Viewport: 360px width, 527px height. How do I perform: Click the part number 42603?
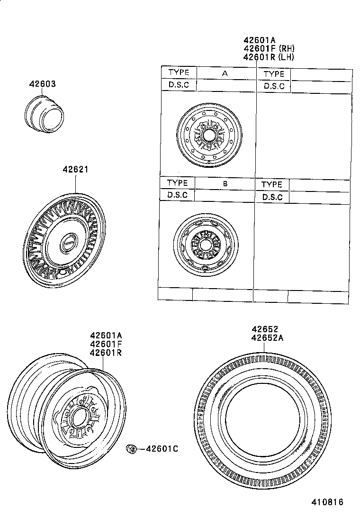pos(42,84)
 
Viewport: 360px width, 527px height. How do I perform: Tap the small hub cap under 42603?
pos(44,113)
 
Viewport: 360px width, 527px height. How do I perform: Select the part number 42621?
pos(76,169)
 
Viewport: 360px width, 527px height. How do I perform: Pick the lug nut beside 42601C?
pos(131,448)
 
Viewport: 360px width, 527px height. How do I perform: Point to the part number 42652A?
pos(267,338)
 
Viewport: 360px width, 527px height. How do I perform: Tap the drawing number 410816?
pos(327,502)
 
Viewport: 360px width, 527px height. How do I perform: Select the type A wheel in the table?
pos(209,135)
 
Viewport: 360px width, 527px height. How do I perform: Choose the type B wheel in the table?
pos(206,245)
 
